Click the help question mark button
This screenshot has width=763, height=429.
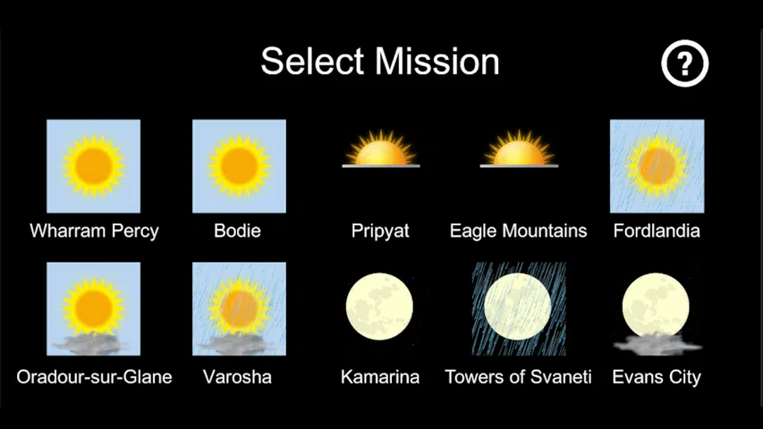[684, 63]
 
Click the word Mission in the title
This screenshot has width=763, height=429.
[437, 62]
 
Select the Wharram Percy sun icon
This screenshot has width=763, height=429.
[93, 166]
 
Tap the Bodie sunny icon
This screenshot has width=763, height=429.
[239, 166]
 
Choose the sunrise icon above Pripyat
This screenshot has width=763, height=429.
[381, 149]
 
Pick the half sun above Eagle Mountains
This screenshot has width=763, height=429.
[519, 149]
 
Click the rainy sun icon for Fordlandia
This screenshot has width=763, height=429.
[657, 166]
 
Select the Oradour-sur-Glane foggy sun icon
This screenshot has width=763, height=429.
[93, 309]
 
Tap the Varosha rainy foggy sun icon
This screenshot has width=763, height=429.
[239, 309]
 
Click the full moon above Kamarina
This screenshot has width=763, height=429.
[379, 306]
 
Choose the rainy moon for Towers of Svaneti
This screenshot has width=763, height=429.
[519, 309]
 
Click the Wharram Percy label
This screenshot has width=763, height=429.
[95, 231]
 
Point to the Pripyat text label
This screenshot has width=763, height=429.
[380, 231]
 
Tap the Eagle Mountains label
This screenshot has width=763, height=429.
[518, 231]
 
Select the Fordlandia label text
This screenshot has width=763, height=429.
[657, 231]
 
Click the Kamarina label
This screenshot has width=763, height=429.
[380, 377]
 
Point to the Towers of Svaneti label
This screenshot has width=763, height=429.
[518, 377]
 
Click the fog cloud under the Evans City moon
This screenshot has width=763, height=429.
[657, 344]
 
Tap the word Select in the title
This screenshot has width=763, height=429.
[312, 62]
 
